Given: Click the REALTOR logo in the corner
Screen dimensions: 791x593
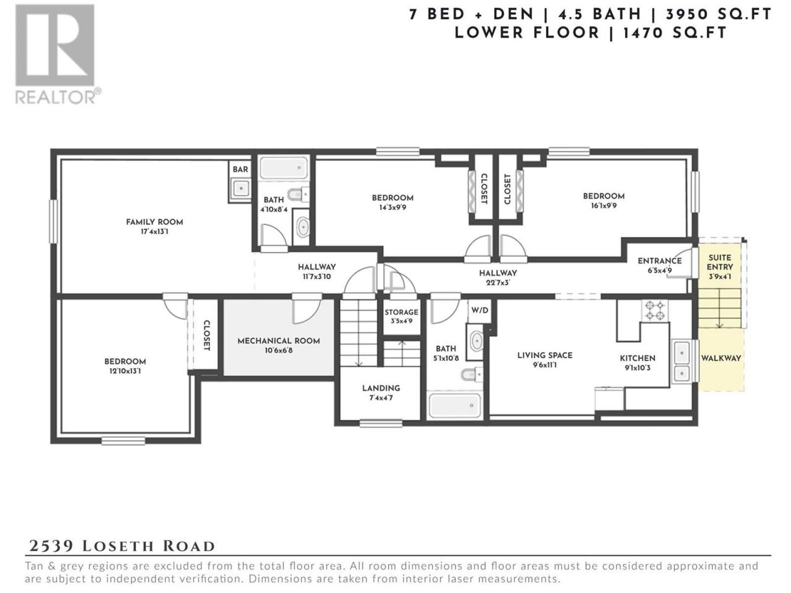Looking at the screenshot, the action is (x=57, y=54).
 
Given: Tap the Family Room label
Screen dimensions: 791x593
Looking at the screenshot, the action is (x=154, y=222).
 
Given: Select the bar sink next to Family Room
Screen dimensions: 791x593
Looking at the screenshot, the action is (x=240, y=188).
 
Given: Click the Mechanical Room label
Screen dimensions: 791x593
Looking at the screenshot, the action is (x=279, y=341).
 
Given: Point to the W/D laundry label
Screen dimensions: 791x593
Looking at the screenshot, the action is (x=480, y=310).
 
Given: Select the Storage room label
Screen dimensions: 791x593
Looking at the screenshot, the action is (x=401, y=312).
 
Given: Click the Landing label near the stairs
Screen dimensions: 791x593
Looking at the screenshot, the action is (x=381, y=388).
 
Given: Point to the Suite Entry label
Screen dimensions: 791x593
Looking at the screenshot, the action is (x=720, y=262).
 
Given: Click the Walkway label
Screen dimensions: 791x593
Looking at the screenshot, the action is (x=721, y=358).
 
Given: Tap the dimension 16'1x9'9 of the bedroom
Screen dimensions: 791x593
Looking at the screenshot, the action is (x=603, y=206).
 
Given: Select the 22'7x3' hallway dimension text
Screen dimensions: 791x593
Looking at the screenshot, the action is (x=498, y=283).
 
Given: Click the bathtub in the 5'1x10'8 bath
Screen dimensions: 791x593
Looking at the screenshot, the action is (x=455, y=405).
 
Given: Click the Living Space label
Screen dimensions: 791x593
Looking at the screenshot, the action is (x=544, y=355).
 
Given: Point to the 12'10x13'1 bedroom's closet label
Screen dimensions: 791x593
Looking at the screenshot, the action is (x=206, y=335).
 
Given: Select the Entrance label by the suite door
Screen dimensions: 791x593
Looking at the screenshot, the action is (x=659, y=261).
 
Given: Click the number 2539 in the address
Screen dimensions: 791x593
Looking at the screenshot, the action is (x=51, y=546).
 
